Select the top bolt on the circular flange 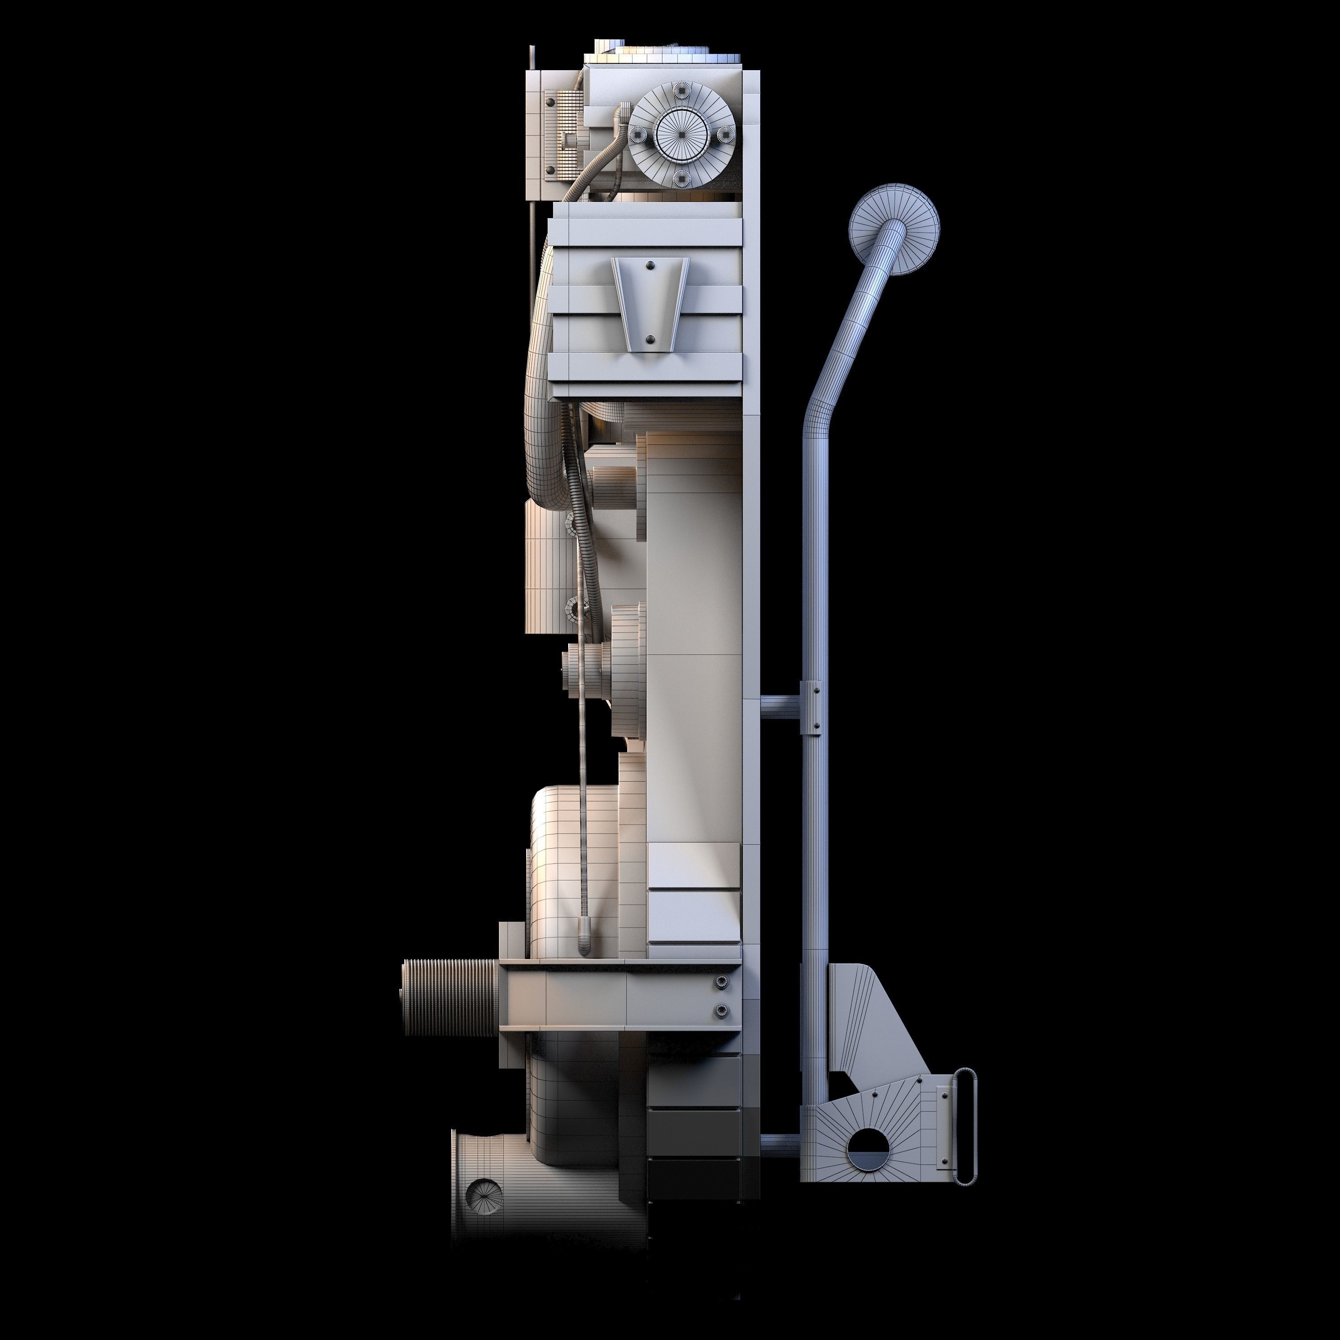681,90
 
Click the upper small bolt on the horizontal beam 721,981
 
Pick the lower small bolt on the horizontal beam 721,1010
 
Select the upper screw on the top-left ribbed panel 551,102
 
